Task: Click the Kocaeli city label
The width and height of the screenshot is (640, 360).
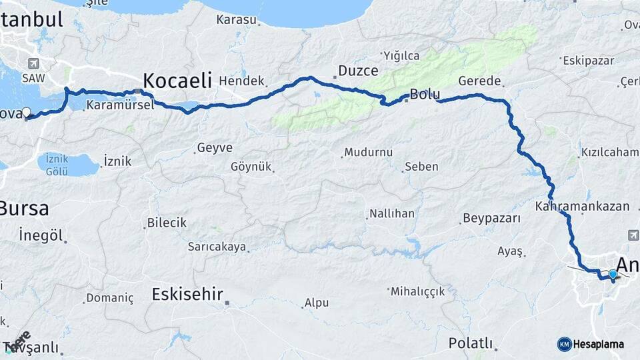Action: (177, 81)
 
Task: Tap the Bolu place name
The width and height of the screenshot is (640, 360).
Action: (425, 94)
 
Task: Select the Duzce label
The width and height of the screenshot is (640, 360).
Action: (358, 71)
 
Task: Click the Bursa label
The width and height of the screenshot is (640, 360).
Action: (24, 209)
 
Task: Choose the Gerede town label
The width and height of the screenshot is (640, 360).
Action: (479, 81)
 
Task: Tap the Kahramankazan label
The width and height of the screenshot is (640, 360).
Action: (582, 206)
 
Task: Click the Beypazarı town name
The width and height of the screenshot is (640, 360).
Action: (491, 219)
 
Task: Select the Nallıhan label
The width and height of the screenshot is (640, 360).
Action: (393, 214)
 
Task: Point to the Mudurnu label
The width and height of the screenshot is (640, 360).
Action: (369, 153)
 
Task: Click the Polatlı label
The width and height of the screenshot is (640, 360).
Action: (471, 343)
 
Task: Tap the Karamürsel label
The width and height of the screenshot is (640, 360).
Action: (120, 105)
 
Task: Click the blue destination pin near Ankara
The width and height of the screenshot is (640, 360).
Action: (613, 273)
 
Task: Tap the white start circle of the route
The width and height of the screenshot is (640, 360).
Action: (27, 112)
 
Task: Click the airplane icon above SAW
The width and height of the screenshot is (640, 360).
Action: (33, 63)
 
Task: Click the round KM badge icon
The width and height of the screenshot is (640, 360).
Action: (565, 344)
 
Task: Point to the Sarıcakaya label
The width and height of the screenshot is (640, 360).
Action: (217, 247)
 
